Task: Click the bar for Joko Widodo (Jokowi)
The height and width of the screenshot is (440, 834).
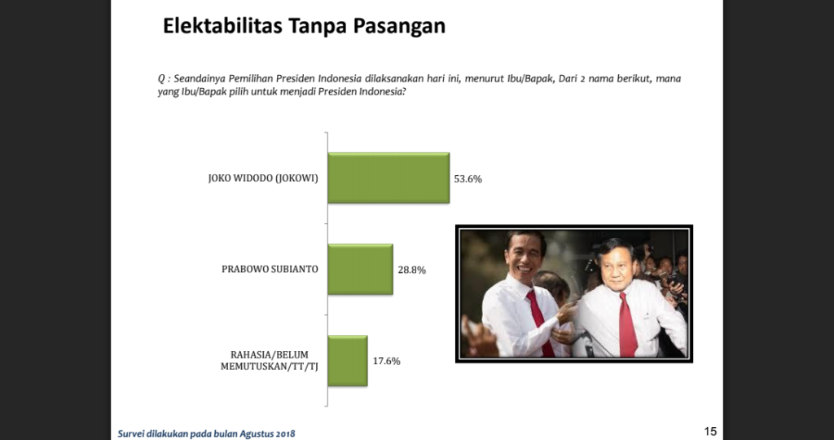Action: (x=388, y=178)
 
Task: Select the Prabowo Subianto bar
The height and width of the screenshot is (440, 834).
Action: (x=360, y=269)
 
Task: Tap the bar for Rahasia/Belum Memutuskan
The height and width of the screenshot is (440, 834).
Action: (x=347, y=361)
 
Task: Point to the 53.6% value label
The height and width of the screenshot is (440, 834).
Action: (x=467, y=178)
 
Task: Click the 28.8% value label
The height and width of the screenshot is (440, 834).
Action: (x=411, y=270)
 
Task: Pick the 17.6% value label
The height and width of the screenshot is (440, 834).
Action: (x=386, y=361)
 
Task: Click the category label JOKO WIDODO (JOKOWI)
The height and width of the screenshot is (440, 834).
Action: (x=263, y=178)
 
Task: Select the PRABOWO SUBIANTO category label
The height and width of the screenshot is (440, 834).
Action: (x=270, y=269)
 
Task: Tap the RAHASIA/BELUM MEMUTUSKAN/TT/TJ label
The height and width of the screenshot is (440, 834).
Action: (x=269, y=361)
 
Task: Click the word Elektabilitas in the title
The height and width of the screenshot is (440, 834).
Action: (x=222, y=25)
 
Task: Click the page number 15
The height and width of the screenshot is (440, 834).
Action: (x=710, y=432)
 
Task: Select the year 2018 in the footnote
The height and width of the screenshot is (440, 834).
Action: (x=285, y=433)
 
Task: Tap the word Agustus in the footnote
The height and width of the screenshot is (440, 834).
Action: (x=257, y=434)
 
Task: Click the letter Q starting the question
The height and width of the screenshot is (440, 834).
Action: (x=161, y=79)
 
